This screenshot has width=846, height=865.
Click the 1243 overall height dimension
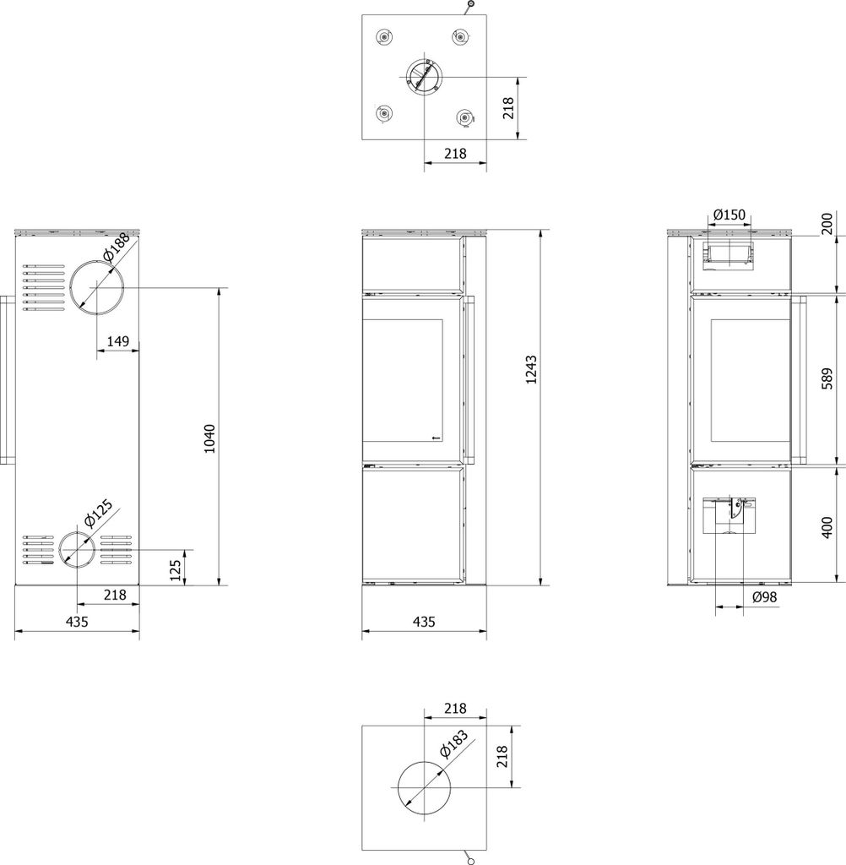coord(530,370)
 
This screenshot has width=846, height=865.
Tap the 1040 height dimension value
coord(209,438)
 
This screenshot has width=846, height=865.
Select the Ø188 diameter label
coord(117,247)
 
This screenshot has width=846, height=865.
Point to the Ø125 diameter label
coord(98,514)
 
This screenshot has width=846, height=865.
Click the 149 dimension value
coord(118,341)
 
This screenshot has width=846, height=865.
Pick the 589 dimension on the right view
coord(827,379)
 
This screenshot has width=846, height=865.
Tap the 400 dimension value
coord(827,528)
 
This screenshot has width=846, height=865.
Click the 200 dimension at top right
coord(827,224)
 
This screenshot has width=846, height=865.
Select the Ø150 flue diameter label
coord(729,215)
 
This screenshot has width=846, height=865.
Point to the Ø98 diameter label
coord(764,596)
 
